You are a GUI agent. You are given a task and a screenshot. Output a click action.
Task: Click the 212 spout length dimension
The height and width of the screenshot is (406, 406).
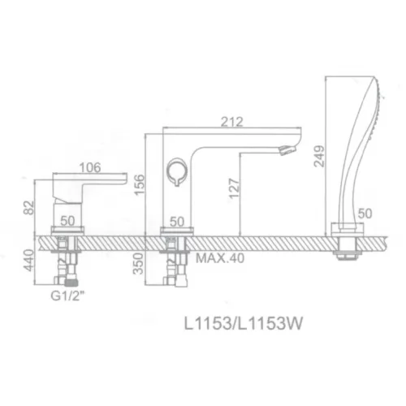click(x=232, y=122)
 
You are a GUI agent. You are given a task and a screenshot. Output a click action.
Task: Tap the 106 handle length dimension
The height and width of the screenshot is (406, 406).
click(x=90, y=167)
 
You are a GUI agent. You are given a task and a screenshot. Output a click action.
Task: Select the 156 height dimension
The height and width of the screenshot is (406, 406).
click(x=140, y=184)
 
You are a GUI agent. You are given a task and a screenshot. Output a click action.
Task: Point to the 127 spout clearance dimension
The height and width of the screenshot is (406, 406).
click(x=235, y=188)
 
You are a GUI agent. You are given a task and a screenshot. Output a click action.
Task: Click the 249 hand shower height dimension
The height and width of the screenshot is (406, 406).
click(x=319, y=156)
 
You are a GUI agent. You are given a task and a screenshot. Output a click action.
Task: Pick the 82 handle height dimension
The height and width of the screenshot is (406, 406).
click(x=29, y=208)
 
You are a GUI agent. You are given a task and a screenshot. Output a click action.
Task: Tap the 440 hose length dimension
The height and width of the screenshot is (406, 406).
click(x=28, y=260)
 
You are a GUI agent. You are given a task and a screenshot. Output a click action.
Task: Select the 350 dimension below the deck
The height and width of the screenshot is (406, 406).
click(x=138, y=263)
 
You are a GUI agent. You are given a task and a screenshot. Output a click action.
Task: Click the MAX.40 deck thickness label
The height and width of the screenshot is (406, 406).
click(x=220, y=258)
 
